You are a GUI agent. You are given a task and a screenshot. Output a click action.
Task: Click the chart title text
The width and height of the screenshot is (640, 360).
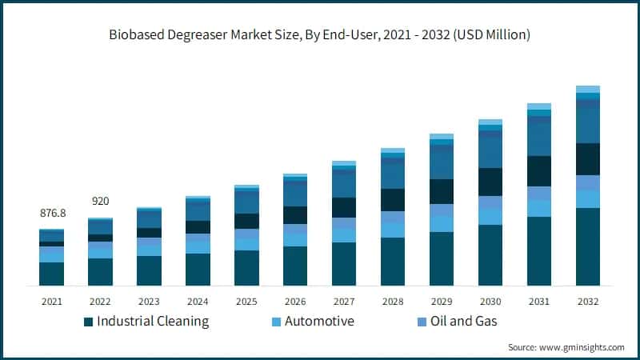[x=320, y=35]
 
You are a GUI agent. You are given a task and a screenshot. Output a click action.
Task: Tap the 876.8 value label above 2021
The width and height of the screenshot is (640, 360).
[x=52, y=214]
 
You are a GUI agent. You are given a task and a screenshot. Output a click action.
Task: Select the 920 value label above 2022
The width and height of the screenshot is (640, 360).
[x=100, y=201]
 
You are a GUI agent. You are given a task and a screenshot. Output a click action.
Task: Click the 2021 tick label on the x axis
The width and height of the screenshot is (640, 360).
[x=51, y=302]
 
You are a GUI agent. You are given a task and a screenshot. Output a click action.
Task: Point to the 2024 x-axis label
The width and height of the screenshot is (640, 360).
[x=198, y=302]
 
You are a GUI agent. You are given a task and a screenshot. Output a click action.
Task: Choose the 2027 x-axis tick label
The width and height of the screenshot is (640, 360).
[x=344, y=302]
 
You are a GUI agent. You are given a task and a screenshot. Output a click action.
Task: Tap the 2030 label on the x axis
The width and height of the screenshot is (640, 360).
[x=490, y=302]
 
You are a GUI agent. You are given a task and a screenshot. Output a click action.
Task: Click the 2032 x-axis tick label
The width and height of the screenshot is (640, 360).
[x=588, y=302]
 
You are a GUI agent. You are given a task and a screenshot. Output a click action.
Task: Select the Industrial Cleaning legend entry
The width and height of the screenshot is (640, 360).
[x=152, y=322]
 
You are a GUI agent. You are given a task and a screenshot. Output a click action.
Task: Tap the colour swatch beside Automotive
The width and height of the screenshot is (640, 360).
[x=276, y=322]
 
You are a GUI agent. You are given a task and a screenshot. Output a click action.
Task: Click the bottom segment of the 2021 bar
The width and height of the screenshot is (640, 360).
[x=51, y=274]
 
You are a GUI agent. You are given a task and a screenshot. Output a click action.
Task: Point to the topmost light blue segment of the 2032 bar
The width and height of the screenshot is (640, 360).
[x=588, y=89]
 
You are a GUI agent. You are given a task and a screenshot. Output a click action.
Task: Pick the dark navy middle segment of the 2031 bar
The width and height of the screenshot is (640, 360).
[x=539, y=170]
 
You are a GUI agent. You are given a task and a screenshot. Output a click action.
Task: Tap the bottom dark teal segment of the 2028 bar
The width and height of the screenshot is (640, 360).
[x=393, y=262]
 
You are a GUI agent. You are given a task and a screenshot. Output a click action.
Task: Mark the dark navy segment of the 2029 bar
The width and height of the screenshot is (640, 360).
[x=442, y=191]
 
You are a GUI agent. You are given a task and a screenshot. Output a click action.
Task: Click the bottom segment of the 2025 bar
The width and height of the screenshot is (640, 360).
[x=246, y=268]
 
